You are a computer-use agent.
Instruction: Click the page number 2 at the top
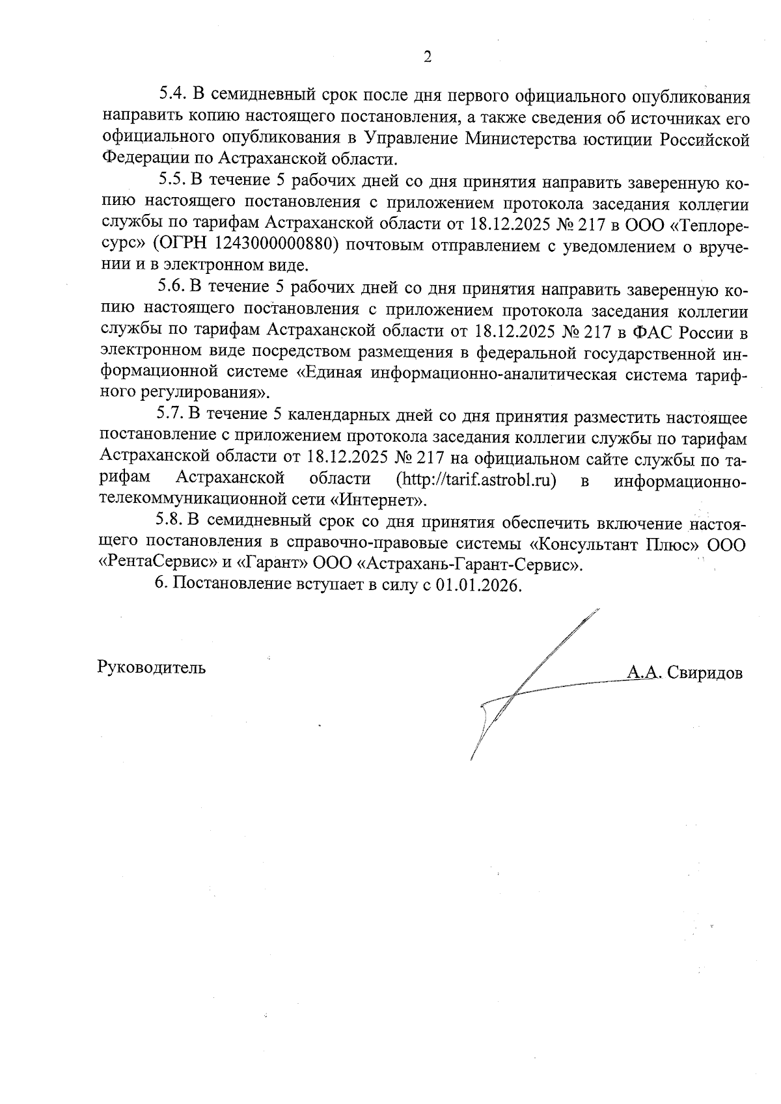(x=427, y=57)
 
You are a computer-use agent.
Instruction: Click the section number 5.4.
(x=173, y=96)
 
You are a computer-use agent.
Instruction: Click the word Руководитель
(x=152, y=667)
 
